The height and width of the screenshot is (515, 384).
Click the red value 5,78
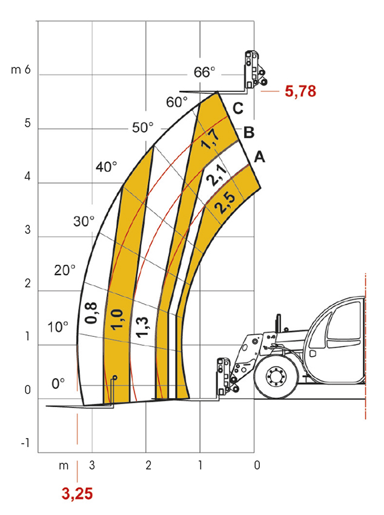point(300,91)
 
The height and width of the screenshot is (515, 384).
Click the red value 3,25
point(77,494)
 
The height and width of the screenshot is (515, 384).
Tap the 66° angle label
point(204,72)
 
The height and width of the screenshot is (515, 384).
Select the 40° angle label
point(107,167)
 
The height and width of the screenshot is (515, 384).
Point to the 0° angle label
point(58,384)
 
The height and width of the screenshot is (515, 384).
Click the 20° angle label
point(65,270)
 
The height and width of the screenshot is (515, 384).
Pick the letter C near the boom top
point(238,108)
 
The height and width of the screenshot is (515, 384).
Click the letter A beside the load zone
point(259,157)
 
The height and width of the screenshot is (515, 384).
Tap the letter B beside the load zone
point(249,132)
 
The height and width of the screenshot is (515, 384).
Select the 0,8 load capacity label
point(91,313)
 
